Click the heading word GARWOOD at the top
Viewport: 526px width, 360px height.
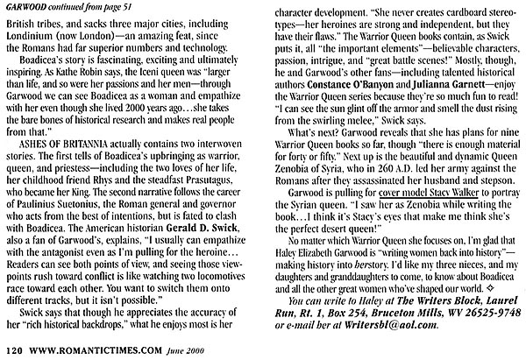pos(25,6)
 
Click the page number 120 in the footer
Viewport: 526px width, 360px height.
pos(12,351)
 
